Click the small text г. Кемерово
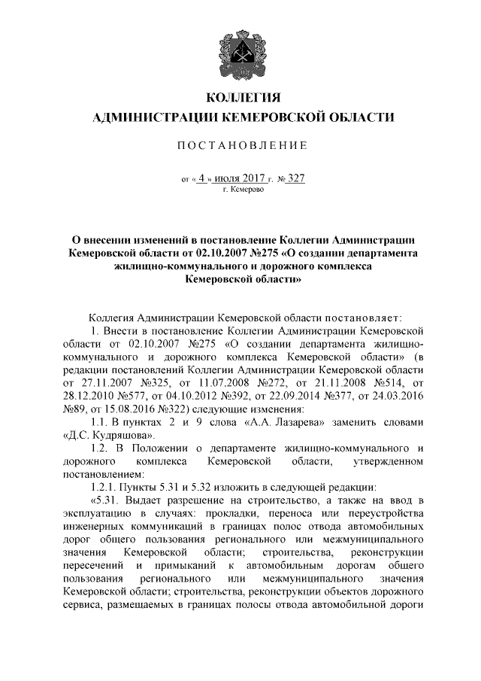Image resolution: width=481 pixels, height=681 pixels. pos(241,192)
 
